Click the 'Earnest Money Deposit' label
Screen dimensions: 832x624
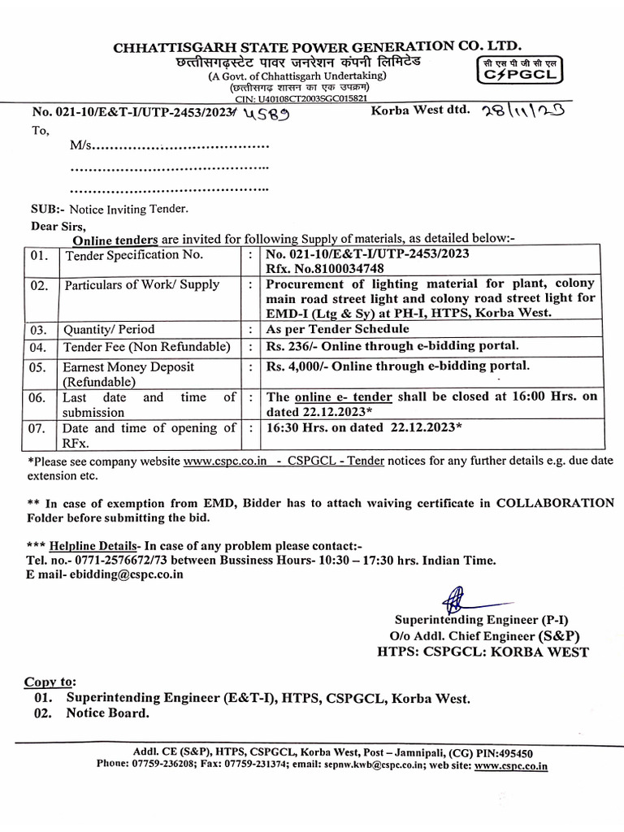coord(129,367)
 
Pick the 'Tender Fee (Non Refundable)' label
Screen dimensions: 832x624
coord(147,348)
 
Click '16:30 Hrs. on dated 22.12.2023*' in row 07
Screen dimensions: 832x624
coord(365,427)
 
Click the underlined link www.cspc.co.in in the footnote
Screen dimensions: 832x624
coord(226,461)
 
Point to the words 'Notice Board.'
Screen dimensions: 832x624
coord(108,713)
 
